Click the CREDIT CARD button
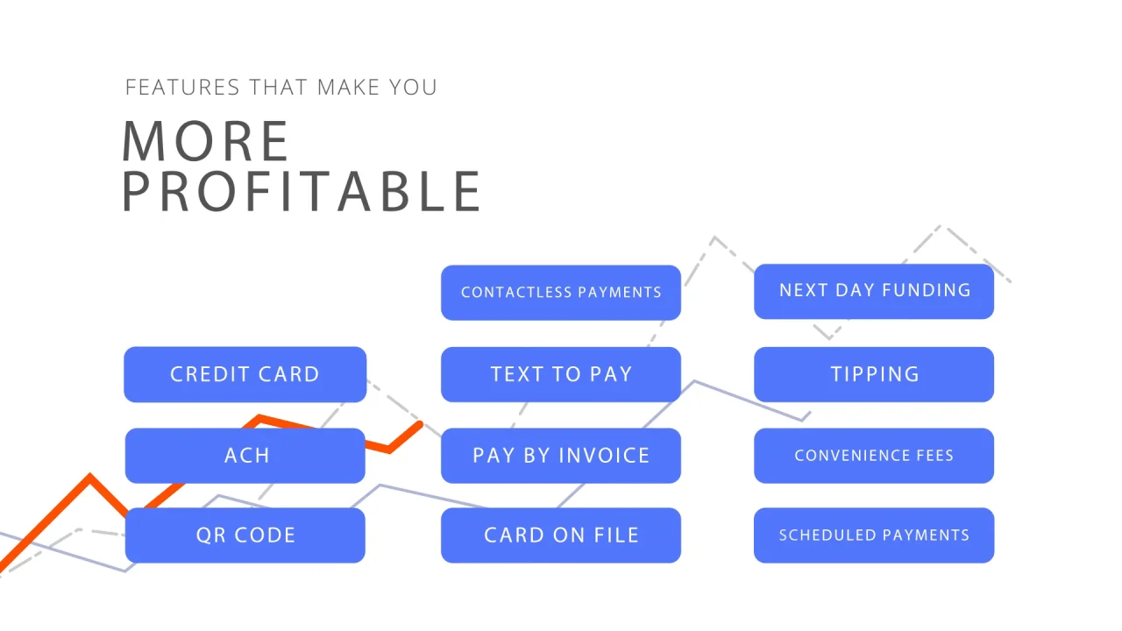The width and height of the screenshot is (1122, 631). coord(245,374)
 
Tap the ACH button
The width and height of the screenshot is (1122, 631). coord(245,455)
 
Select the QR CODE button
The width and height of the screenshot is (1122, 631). coord(245,535)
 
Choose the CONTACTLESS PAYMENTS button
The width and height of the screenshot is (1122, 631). coord(561,293)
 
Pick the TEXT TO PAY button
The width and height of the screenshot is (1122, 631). coord(561,374)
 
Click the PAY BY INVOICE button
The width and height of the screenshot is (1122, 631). coord(561,455)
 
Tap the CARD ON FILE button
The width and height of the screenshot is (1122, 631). coord(561,535)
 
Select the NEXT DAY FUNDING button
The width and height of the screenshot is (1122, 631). coord(874,292)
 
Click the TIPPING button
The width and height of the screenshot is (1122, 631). coord(874,374)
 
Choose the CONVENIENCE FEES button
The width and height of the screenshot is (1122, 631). coord(874,455)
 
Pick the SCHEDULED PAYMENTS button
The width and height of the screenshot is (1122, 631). coord(874,535)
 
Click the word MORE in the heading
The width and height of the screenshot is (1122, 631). coord(205,141)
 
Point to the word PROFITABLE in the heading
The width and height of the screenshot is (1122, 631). coord(301,191)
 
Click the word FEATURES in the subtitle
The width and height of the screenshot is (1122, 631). coord(182,87)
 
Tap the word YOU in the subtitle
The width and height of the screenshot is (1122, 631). coord(413,87)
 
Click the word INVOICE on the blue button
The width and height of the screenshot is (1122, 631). coord(604,456)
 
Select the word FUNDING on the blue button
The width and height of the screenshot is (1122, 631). coord(927,290)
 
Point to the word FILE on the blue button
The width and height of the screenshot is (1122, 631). coord(616,535)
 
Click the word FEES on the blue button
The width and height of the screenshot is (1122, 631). coord(934,455)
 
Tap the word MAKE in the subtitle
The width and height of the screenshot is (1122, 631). coord(349,87)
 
